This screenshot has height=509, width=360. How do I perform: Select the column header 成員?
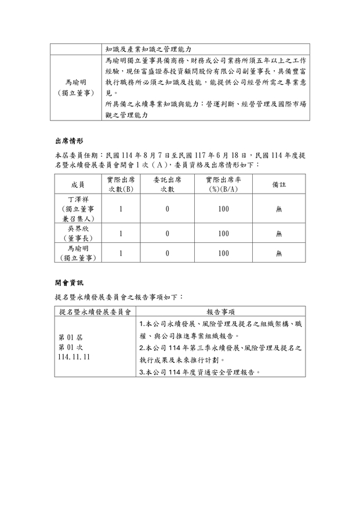tap(78, 184)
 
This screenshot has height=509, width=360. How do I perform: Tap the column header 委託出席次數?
tap(167, 184)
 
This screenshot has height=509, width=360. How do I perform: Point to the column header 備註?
tap(279, 184)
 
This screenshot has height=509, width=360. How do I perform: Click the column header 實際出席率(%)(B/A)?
tap(223, 184)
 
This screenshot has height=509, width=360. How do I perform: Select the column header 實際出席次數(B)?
tap(121, 184)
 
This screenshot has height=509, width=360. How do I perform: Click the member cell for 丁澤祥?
tap(78, 209)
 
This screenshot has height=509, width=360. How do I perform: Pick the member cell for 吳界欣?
tap(78, 233)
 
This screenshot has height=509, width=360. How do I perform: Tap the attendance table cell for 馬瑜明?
tap(78, 253)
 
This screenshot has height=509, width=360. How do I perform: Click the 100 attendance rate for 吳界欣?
tap(223, 234)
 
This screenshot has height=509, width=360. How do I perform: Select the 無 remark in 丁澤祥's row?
tap(279, 209)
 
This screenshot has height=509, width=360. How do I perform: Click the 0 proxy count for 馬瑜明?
tap(167, 253)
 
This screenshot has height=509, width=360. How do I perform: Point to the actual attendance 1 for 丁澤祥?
tap(121, 209)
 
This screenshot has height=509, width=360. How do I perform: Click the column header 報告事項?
tap(223, 311)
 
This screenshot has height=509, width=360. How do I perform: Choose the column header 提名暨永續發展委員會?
tap(94, 311)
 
